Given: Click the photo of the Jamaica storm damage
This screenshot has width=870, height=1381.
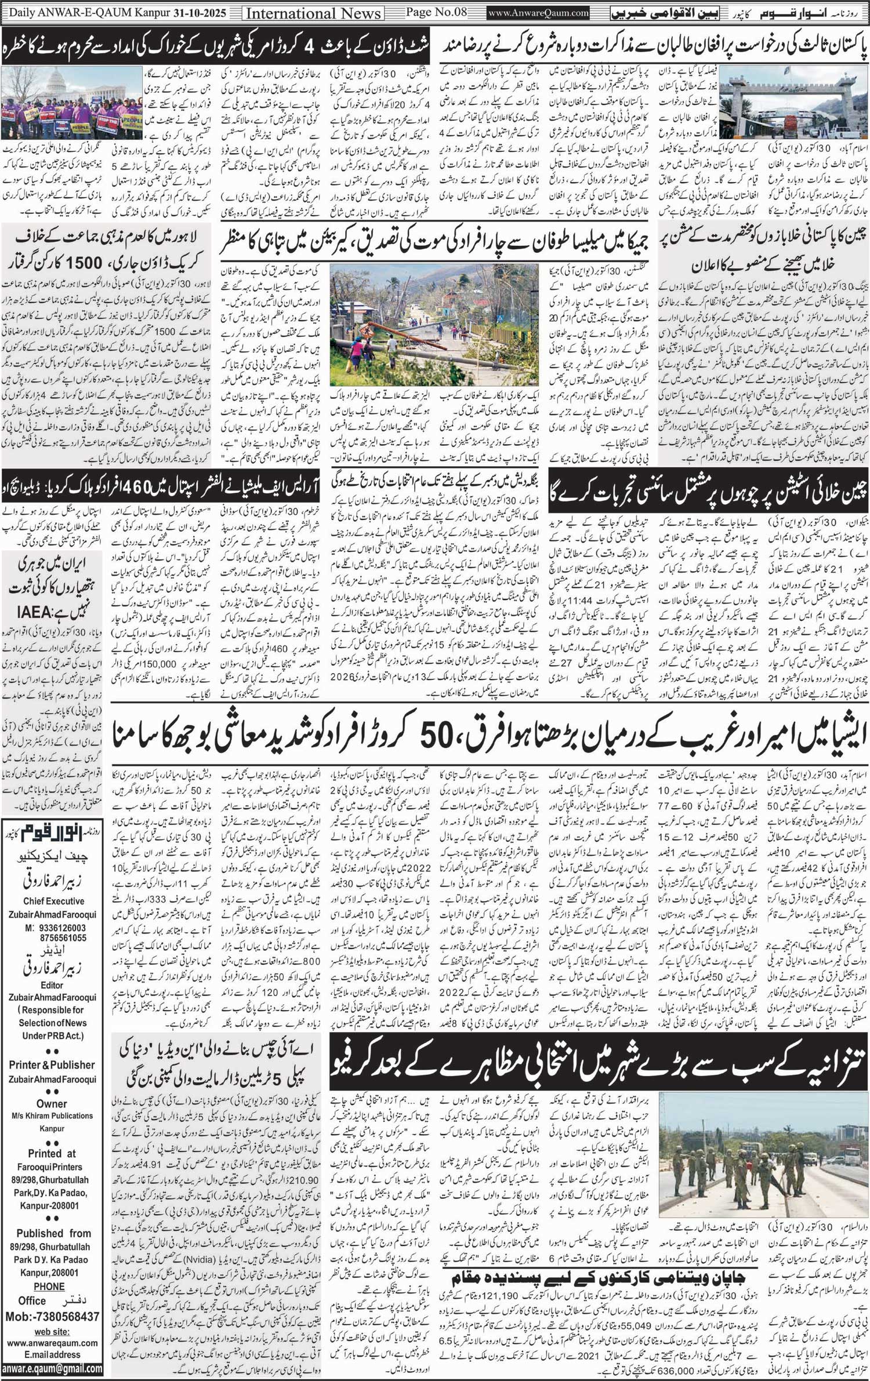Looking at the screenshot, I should tap(434, 325).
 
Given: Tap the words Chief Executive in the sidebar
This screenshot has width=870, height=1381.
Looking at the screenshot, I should tap(53, 901).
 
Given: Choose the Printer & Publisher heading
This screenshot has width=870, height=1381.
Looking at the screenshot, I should tap(52, 1064).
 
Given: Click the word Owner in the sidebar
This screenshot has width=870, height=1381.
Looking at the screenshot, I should tap(52, 1104).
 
